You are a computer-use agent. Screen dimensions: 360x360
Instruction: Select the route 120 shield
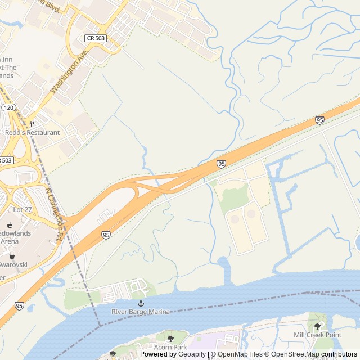pyautogui.click(x=8, y=107)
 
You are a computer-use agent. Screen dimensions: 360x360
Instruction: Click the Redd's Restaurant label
pyautogui.click(x=32, y=133)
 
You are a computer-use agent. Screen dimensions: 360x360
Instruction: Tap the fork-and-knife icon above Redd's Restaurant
pyautogui.click(x=32, y=124)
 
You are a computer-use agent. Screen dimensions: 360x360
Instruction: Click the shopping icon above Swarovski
pyautogui.click(x=12, y=255)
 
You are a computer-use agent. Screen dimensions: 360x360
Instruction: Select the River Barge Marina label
pyautogui.click(x=140, y=312)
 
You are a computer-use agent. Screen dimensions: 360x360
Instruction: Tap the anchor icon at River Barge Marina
pyautogui.click(x=141, y=303)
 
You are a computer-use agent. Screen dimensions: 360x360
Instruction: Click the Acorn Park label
pyautogui.click(x=170, y=347)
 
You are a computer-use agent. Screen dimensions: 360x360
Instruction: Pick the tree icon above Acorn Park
pyautogui.click(x=170, y=339)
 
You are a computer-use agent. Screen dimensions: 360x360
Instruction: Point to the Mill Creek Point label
pyautogui.click(x=317, y=335)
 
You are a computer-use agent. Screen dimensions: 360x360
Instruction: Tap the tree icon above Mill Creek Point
pyautogui.click(x=317, y=326)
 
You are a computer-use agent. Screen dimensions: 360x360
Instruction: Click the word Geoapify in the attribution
pyautogui.click(x=192, y=354)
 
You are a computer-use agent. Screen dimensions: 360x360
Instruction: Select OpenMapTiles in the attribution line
pyautogui.click(x=240, y=354)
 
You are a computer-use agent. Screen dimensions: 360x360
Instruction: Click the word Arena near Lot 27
pyautogui.click(x=9, y=241)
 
